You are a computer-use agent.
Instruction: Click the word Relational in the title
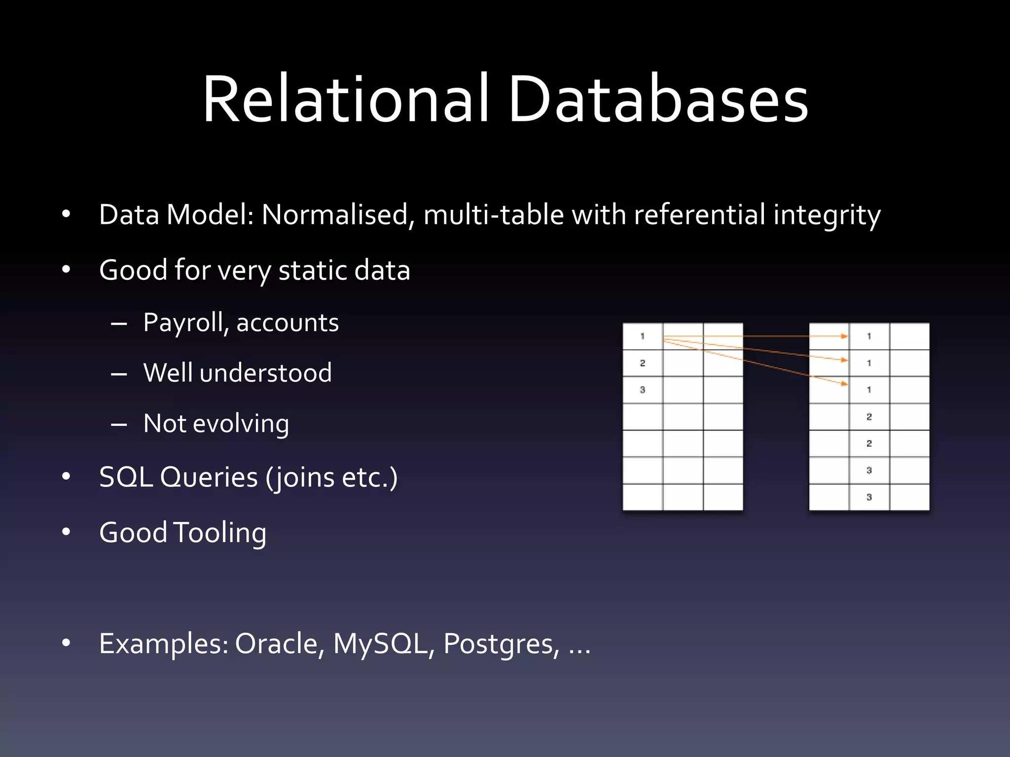(x=346, y=99)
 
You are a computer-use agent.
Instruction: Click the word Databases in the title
(x=658, y=99)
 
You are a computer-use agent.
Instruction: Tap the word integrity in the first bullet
(x=827, y=216)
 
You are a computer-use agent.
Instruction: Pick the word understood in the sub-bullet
(x=266, y=373)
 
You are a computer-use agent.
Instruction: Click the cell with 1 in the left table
(x=643, y=337)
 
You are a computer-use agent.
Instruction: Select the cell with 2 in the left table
(x=643, y=363)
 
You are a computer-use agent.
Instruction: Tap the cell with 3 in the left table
(x=643, y=390)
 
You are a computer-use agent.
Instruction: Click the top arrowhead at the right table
(x=844, y=336)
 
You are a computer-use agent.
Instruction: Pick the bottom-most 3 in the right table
(x=869, y=497)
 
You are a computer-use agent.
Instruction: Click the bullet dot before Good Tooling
(x=66, y=532)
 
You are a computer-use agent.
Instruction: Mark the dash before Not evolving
(x=119, y=424)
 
